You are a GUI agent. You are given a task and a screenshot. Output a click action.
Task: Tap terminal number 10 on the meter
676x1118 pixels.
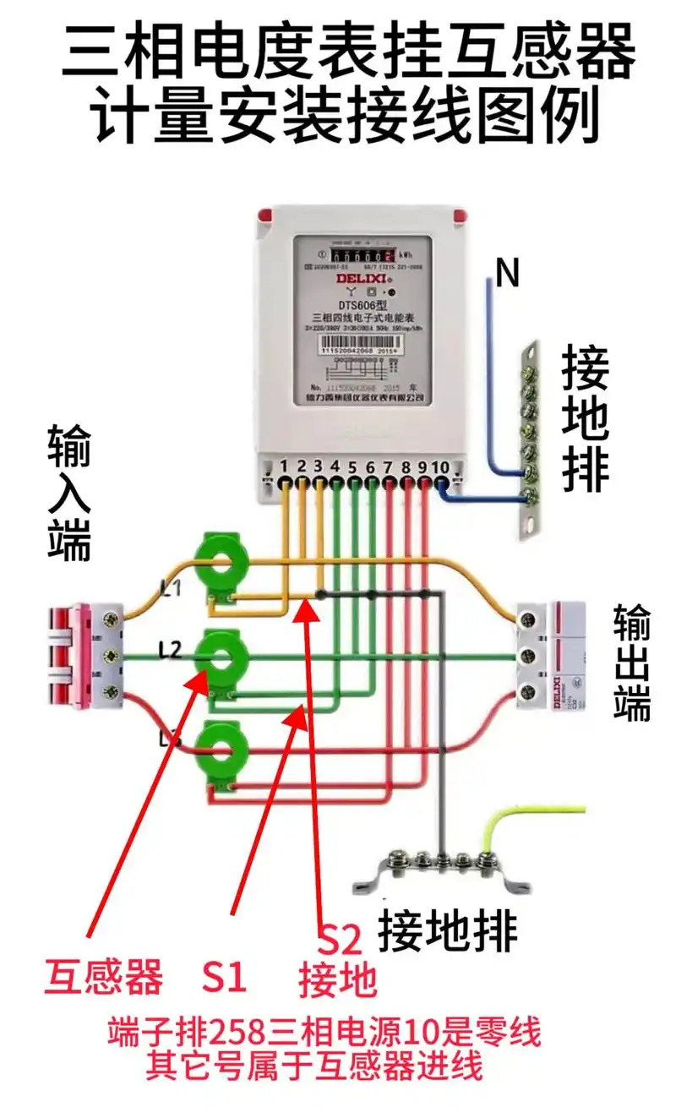click(440, 466)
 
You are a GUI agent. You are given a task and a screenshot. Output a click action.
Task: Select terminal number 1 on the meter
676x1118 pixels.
click(286, 466)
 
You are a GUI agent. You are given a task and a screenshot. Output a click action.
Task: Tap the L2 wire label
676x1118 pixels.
click(171, 650)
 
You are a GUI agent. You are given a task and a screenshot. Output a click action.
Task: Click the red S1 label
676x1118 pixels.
click(224, 978)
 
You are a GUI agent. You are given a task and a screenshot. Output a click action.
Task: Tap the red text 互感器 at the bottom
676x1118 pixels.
click(103, 978)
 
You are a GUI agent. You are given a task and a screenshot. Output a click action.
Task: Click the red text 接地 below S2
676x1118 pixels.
click(337, 979)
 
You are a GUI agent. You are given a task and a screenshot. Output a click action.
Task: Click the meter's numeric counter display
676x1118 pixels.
click(363, 254)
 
